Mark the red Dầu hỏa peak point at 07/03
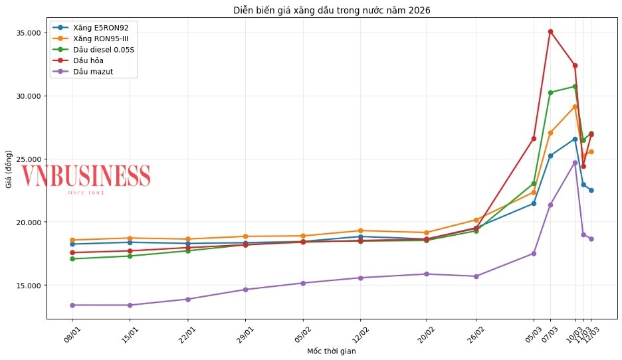(x=550, y=31)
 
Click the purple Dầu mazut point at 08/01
(x=73, y=305)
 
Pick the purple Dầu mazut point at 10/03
(x=575, y=163)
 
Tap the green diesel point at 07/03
(x=550, y=92)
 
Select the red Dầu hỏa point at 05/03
(x=534, y=138)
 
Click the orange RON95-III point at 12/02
(x=360, y=230)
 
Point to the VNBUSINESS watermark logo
(x=86, y=176)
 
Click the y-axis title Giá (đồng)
(x=9, y=170)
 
